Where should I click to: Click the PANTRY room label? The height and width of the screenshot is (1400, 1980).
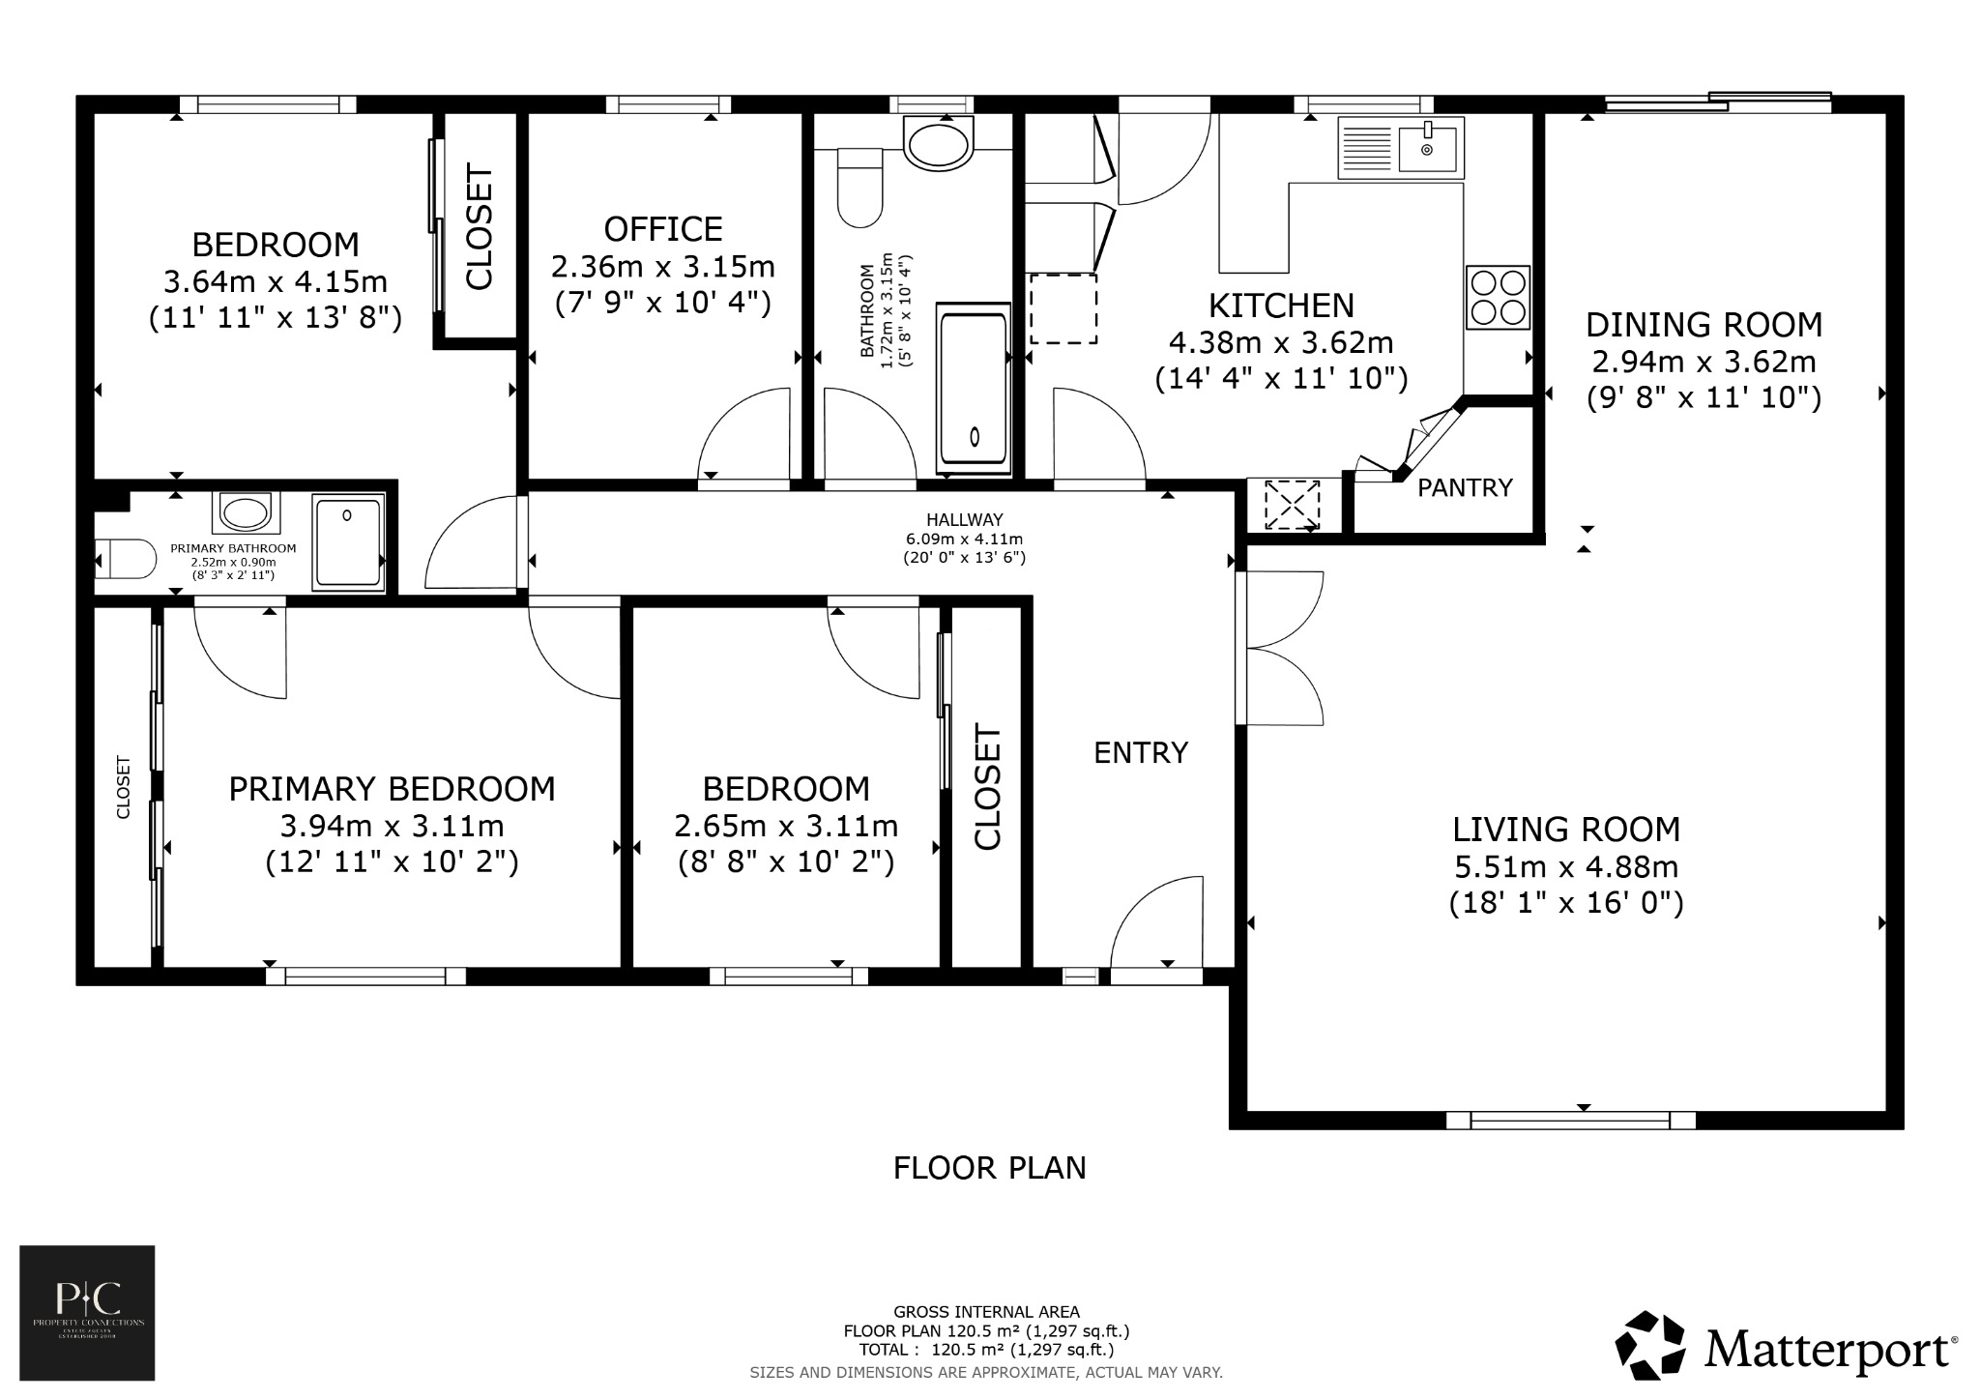1465,488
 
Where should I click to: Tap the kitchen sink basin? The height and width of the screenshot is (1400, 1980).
1428,149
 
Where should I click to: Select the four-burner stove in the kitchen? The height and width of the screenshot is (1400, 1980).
1498,298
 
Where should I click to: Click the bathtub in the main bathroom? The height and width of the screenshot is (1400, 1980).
974,391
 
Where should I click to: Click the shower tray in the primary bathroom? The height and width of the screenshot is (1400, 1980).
348,542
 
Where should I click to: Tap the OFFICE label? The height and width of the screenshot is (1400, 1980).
663,229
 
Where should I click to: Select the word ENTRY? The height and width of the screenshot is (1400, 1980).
1141,753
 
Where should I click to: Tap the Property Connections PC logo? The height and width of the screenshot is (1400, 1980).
88,1312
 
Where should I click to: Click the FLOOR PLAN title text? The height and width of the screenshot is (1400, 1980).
989,1168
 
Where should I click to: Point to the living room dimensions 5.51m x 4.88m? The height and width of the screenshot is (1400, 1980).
1566,866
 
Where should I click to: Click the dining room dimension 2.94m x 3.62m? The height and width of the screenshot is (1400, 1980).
1703,362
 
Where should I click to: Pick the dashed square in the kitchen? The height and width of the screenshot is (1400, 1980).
1063,308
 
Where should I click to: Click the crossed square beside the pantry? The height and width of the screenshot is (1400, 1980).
1292,504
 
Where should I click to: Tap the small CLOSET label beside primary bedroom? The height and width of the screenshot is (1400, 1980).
124,787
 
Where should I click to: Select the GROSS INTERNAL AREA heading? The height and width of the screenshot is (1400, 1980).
986,1312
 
